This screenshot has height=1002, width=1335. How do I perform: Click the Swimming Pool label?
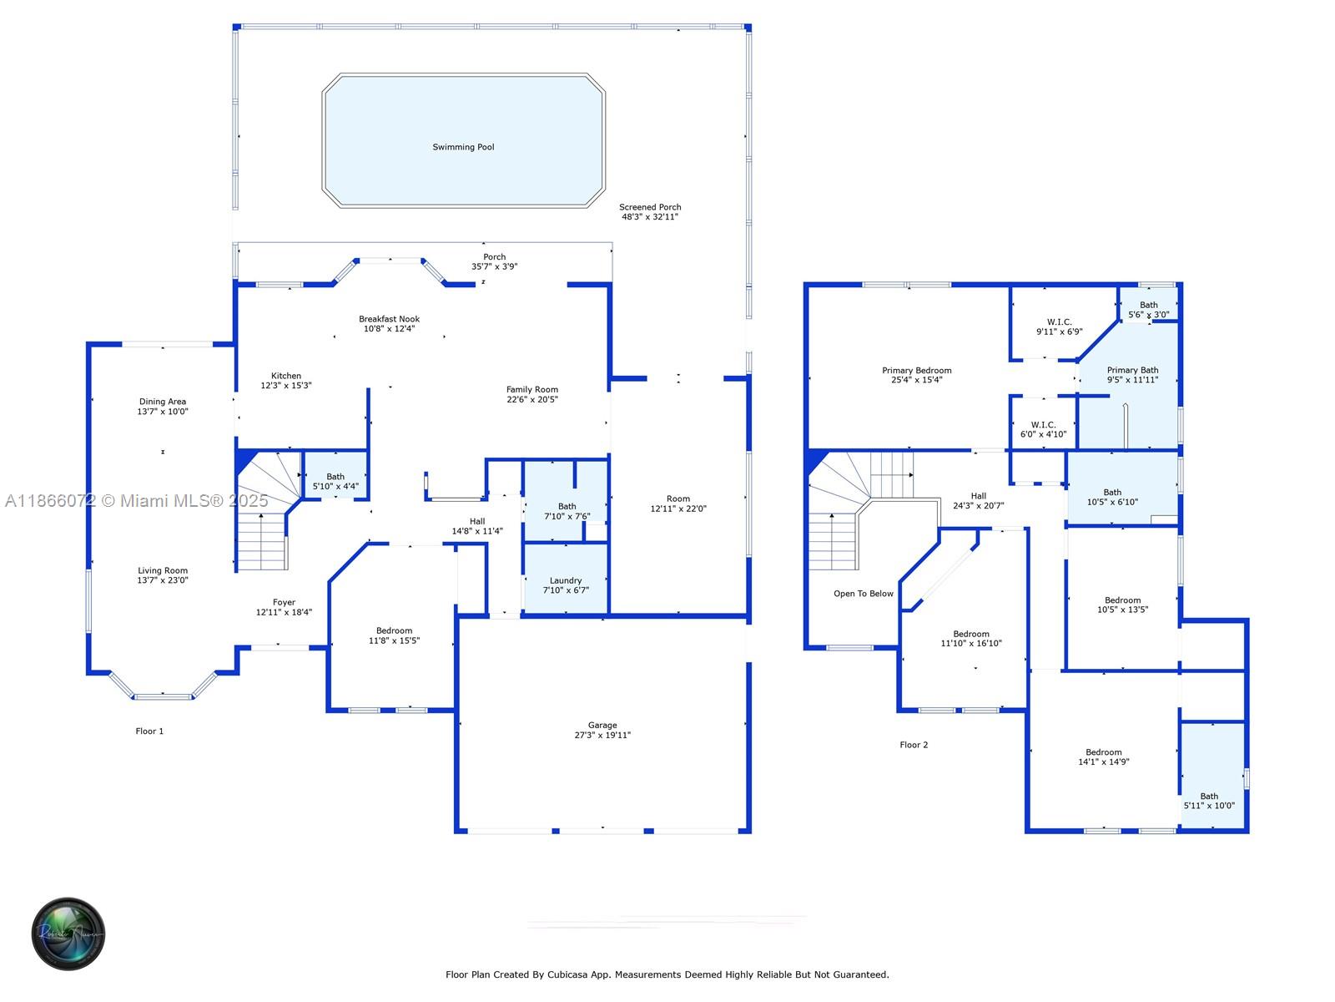[463, 147]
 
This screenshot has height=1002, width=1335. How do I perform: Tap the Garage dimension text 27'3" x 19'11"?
[602, 736]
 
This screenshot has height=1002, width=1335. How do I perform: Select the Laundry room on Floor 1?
[566, 580]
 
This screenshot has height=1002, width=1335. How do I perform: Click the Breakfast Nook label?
[389, 319]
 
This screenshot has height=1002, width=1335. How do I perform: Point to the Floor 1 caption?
[149, 731]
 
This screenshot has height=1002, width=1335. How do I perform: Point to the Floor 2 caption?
[914, 745]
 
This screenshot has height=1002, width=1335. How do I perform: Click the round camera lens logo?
[68, 934]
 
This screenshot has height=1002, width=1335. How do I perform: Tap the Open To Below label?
[863, 594]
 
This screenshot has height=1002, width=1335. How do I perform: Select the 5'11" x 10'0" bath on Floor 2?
[1209, 801]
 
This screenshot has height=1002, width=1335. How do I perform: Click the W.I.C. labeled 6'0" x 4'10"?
[1043, 429]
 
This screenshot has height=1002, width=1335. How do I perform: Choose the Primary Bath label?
[1132, 370]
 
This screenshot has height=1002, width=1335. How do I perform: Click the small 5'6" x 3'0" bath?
[1148, 310]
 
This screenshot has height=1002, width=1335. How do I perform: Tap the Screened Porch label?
[650, 207]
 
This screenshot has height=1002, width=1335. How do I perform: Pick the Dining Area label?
[163, 402]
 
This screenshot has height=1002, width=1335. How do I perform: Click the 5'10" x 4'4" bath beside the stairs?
[335, 481]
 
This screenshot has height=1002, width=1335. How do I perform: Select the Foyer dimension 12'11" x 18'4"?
[284, 612]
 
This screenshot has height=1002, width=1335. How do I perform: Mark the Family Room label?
[531, 389]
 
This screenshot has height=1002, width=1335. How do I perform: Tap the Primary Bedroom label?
[916, 371]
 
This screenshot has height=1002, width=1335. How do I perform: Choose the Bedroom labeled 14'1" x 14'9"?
[1103, 757]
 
